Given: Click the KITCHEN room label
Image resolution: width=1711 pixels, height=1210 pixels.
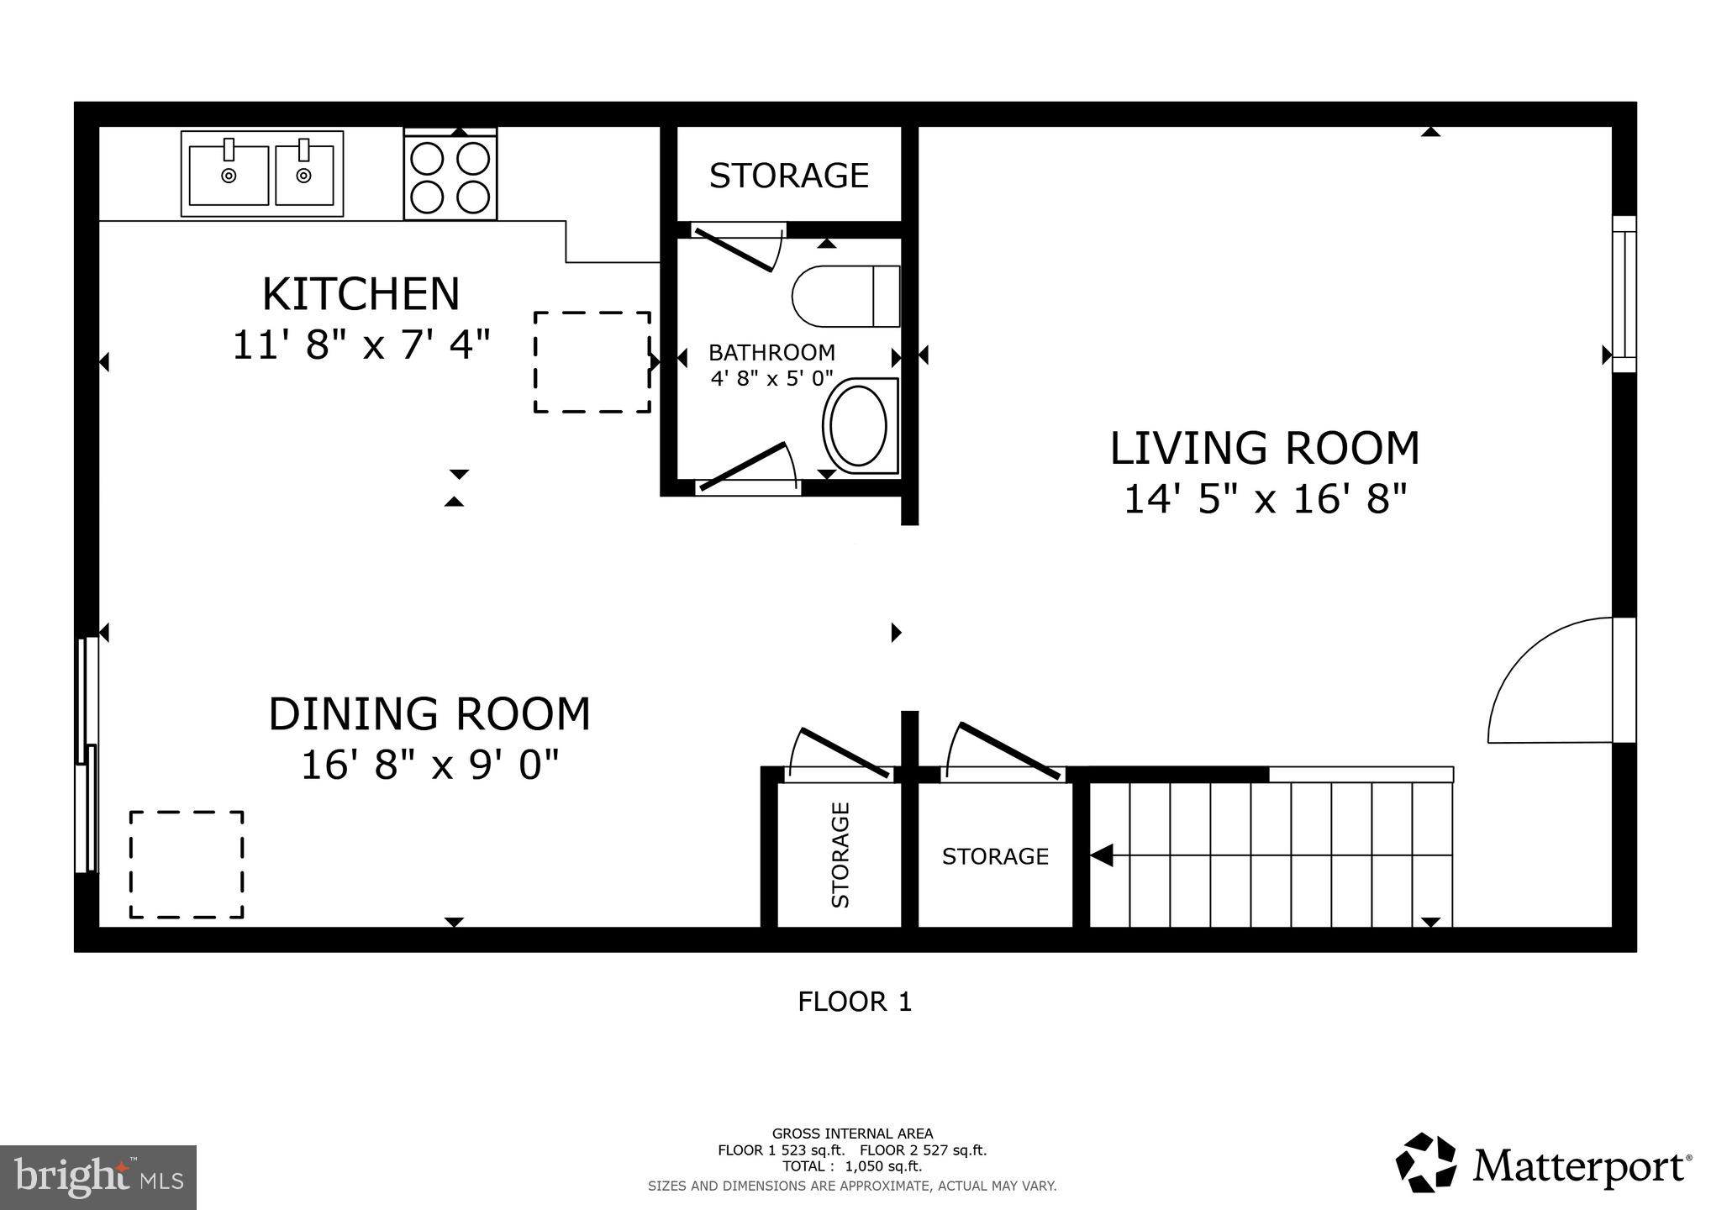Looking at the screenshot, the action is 361,294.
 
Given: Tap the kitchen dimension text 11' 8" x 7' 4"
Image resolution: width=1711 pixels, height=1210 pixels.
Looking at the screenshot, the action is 361,345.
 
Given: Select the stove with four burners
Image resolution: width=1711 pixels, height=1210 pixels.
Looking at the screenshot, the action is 450,174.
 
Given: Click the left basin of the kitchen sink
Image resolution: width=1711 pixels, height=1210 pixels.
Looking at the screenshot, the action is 229,175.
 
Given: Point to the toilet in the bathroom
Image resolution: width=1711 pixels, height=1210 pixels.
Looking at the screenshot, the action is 846,296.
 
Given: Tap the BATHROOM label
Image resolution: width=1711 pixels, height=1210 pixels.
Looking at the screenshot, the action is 771,352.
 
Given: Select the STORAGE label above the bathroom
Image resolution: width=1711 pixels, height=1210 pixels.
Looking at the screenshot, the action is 789,176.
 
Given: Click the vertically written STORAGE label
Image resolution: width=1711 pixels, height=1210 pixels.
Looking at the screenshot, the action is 840,855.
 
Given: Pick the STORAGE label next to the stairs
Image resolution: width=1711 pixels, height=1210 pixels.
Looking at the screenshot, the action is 995,856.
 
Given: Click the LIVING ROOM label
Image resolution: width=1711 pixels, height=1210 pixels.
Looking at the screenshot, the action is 1265,448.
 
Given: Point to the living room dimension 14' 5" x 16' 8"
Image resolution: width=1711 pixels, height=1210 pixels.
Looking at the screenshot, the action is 1265,499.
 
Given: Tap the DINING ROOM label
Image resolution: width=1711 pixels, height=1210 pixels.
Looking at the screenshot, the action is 429,714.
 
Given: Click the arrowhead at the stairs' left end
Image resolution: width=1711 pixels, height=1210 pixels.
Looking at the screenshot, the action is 1101,855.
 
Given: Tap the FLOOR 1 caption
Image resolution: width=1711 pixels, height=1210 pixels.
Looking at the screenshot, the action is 855,1002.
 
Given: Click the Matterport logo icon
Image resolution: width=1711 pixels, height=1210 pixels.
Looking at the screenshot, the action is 1426,1162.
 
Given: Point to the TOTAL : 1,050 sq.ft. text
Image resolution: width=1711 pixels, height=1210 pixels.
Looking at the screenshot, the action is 852,1166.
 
